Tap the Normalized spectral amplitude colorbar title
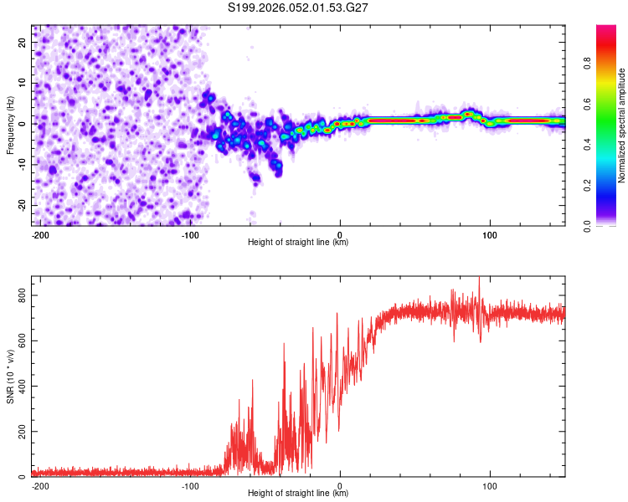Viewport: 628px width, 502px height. point(621,125)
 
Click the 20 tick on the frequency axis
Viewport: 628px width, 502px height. point(23,44)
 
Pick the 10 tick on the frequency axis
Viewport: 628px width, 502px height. point(23,84)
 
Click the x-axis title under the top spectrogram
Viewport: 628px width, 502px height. point(298,243)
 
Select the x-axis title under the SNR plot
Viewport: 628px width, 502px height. point(298,494)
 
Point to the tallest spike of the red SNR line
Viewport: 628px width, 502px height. point(479,278)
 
